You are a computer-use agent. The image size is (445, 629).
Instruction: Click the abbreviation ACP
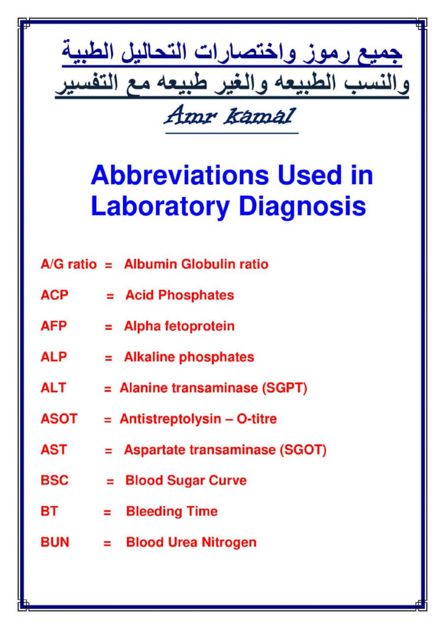click(54, 295)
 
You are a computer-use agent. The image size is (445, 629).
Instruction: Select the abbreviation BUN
click(55, 542)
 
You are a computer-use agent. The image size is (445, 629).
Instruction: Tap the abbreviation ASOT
click(59, 419)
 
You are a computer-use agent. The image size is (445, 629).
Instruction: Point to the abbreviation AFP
click(53, 326)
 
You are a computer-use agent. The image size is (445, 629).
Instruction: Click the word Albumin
click(151, 264)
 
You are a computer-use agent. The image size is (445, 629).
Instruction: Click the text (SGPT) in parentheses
click(284, 388)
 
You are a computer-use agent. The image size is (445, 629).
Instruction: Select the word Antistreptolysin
click(170, 419)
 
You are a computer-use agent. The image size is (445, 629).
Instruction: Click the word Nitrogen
click(229, 543)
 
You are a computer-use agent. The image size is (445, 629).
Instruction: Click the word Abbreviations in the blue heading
click(180, 175)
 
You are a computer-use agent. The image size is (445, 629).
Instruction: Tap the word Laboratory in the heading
click(161, 207)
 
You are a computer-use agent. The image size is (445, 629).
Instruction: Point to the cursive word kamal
click(260, 116)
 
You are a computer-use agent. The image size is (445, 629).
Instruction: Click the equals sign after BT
click(107, 512)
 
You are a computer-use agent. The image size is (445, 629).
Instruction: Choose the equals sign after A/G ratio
click(108, 265)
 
